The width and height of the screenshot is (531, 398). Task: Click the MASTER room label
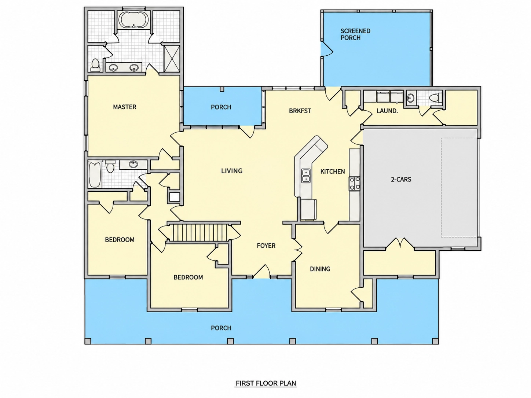coord(125,107)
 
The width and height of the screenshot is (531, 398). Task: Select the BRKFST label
coord(300,111)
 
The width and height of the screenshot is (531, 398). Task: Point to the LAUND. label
coord(387,111)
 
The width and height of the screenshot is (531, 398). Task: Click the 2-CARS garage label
coord(401,179)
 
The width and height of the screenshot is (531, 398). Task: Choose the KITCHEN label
coord(333,172)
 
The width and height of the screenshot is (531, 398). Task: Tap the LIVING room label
coord(232,171)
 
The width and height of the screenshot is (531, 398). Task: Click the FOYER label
coord(266,246)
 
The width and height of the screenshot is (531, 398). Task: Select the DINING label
coord(320,269)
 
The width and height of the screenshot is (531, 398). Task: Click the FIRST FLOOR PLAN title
coord(266,383)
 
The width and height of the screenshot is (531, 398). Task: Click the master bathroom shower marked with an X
coord(172,59)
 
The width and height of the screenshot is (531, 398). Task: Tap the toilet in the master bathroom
coord(95,65)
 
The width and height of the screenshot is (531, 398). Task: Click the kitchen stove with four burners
coord(354,184)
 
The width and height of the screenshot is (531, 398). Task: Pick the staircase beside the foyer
coord(198,233)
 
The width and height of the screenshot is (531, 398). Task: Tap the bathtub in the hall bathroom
coord(95,175)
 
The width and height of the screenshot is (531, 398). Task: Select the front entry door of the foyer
coord(262,272)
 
